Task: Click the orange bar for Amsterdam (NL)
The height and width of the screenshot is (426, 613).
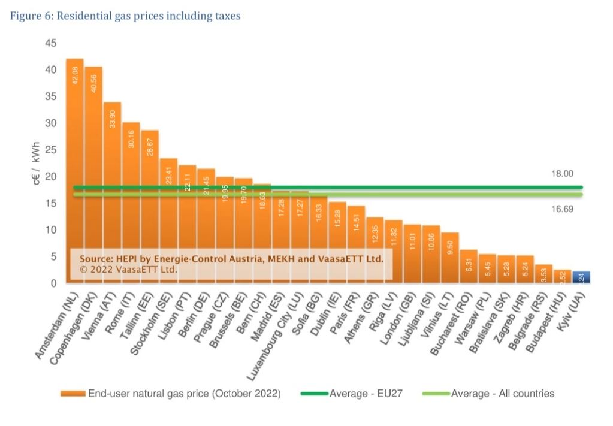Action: [74, 150]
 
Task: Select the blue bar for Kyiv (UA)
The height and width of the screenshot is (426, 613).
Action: [581, 277]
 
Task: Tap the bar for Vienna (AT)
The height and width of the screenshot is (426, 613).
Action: [112, 180]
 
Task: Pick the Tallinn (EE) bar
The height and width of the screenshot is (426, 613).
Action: [149, 198]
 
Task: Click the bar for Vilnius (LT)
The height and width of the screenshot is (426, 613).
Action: [450, 258]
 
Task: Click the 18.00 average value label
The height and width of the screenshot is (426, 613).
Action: [562, 174]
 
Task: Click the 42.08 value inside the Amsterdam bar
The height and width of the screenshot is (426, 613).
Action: [74, 75]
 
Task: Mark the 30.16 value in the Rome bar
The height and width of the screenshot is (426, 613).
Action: [131, 139]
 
